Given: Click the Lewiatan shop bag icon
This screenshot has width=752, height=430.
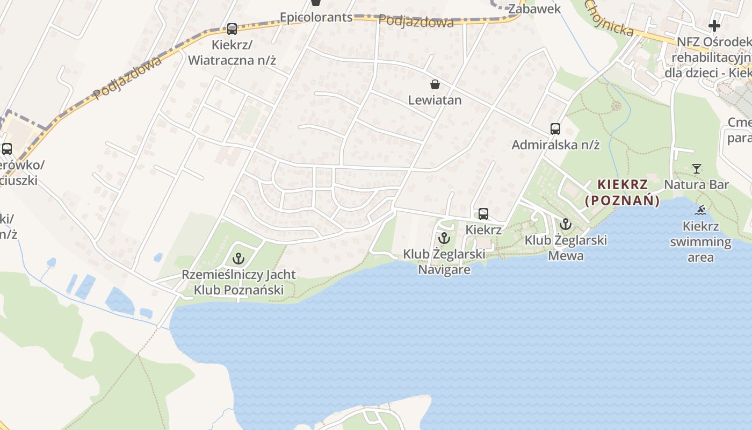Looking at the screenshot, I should coord(435,84).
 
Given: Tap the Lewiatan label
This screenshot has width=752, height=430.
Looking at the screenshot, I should coord(435,100).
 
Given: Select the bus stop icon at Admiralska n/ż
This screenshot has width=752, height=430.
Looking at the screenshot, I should coord(555,129).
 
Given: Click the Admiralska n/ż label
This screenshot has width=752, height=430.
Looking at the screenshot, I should coord(555,145).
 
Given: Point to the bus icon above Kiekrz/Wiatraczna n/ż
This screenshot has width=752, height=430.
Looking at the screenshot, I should coord(232,29).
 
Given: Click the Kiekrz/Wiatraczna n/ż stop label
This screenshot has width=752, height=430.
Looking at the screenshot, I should coord(232,52).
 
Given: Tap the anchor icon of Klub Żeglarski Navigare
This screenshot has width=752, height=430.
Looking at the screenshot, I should coord(444,238).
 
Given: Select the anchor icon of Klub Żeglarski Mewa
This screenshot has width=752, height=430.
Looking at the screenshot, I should coord(566,224).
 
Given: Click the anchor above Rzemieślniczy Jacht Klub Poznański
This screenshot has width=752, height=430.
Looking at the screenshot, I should coord(238,259).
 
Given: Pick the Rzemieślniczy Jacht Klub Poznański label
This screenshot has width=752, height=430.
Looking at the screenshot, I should coord(238,282).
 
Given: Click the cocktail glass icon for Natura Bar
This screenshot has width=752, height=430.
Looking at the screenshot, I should coord(697,169).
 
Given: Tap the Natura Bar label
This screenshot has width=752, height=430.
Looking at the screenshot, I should coord(697,185).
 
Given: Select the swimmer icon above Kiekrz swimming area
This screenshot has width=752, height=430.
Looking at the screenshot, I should coord(700,210).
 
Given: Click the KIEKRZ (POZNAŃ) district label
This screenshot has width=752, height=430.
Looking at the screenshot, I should coord(622,192).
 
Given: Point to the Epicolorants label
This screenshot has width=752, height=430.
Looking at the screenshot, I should coord(316,17).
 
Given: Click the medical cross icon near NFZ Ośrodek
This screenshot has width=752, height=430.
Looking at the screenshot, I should coord(714,25).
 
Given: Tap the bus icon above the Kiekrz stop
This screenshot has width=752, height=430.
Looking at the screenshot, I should coord(483,214).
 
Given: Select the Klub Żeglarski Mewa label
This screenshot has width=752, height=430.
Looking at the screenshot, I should coord(566,247).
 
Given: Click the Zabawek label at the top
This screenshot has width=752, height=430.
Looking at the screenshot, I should coord(534,9).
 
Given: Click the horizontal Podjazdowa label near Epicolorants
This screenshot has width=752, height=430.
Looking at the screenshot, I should coord(416,21).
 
